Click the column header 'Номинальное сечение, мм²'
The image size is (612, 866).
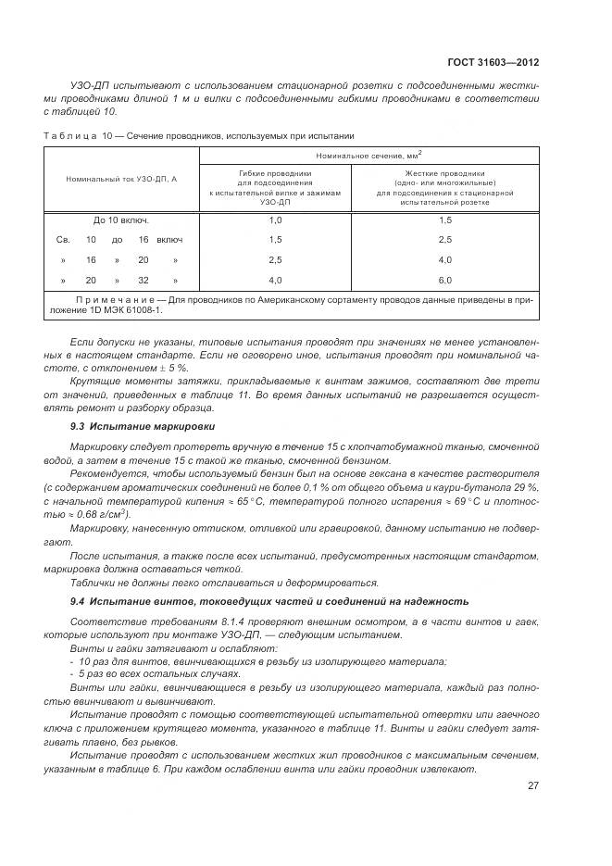[x=375, y=156]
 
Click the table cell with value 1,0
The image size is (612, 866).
[x=275, y=220]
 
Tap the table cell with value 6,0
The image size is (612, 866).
[x=444, y=280]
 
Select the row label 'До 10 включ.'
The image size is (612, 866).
[x=121, y=220]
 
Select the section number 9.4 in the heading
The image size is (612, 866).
[x=79, y=603]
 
